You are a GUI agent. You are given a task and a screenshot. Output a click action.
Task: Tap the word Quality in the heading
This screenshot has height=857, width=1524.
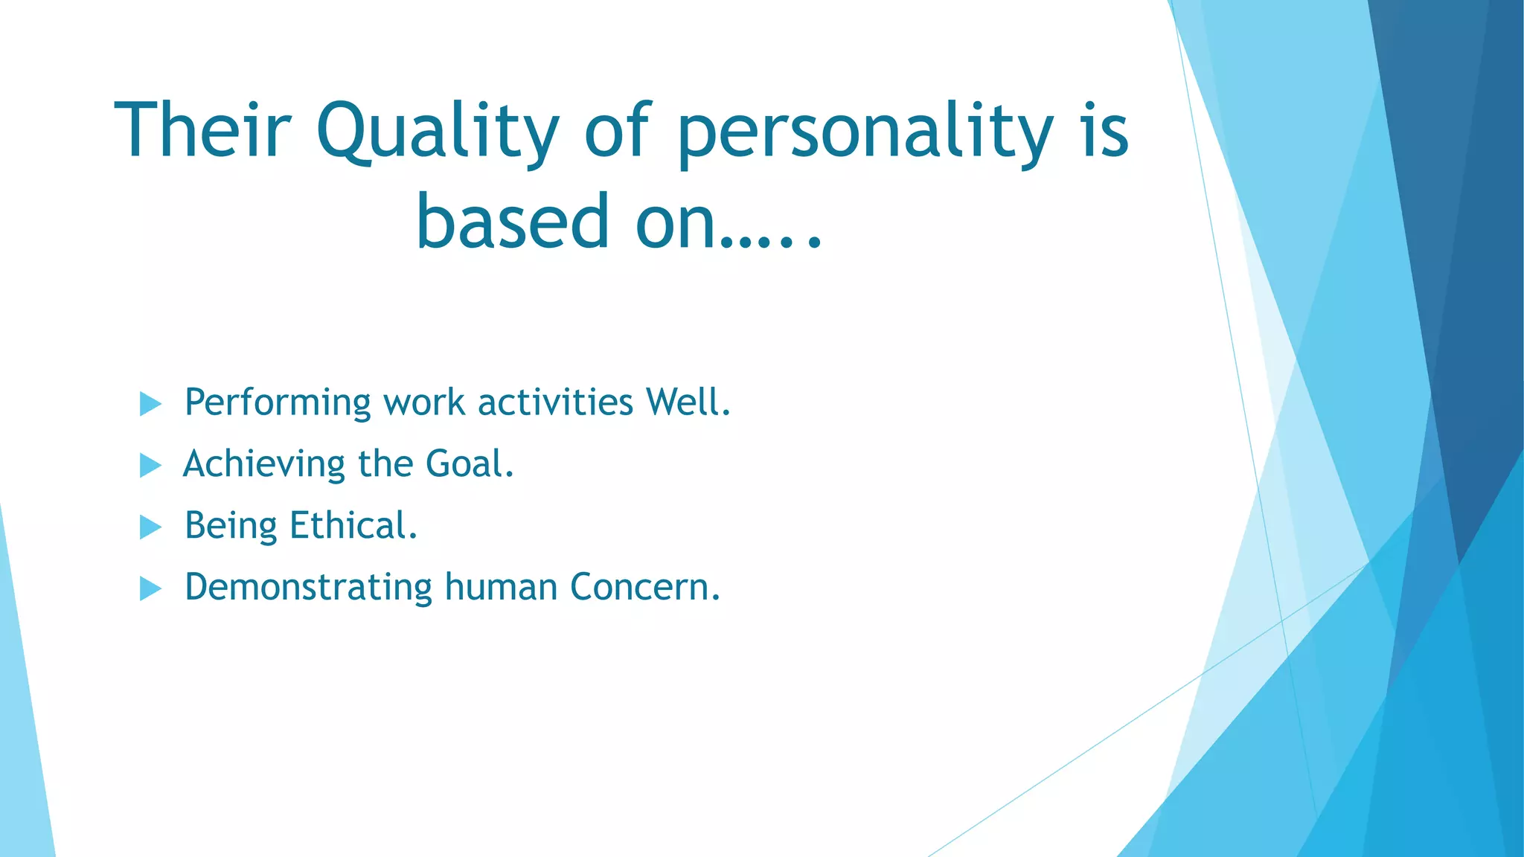pos(438,132)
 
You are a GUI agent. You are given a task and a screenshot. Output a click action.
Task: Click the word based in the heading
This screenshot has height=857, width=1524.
pos(513,221)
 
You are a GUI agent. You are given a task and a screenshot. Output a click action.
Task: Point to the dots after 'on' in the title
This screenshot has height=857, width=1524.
pos(774,240)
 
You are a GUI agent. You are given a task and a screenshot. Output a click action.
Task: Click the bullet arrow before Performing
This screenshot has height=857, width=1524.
pos(150,404)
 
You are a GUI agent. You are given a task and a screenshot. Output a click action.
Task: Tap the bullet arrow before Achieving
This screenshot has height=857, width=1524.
pos(150,466)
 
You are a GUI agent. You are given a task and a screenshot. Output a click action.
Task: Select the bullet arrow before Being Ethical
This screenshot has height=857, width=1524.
pos(150,527)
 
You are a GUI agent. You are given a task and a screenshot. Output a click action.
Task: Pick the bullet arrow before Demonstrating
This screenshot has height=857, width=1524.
pos(150,589)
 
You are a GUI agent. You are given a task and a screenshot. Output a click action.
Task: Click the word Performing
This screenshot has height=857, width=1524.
pos(277,403)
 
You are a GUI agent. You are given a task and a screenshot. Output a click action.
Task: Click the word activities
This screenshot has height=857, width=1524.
pos(555,402)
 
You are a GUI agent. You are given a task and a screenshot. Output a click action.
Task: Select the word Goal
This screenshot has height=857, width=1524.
pos(469,463)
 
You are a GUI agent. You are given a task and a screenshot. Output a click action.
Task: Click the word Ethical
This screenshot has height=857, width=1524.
pos(353,525)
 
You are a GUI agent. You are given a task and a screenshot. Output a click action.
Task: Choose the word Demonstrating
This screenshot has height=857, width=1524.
pos(308,587)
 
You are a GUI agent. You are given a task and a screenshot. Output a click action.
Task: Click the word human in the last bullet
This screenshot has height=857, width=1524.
pos(501,587)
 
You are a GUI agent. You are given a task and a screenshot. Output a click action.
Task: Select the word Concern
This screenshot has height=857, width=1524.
pos(644,587)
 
